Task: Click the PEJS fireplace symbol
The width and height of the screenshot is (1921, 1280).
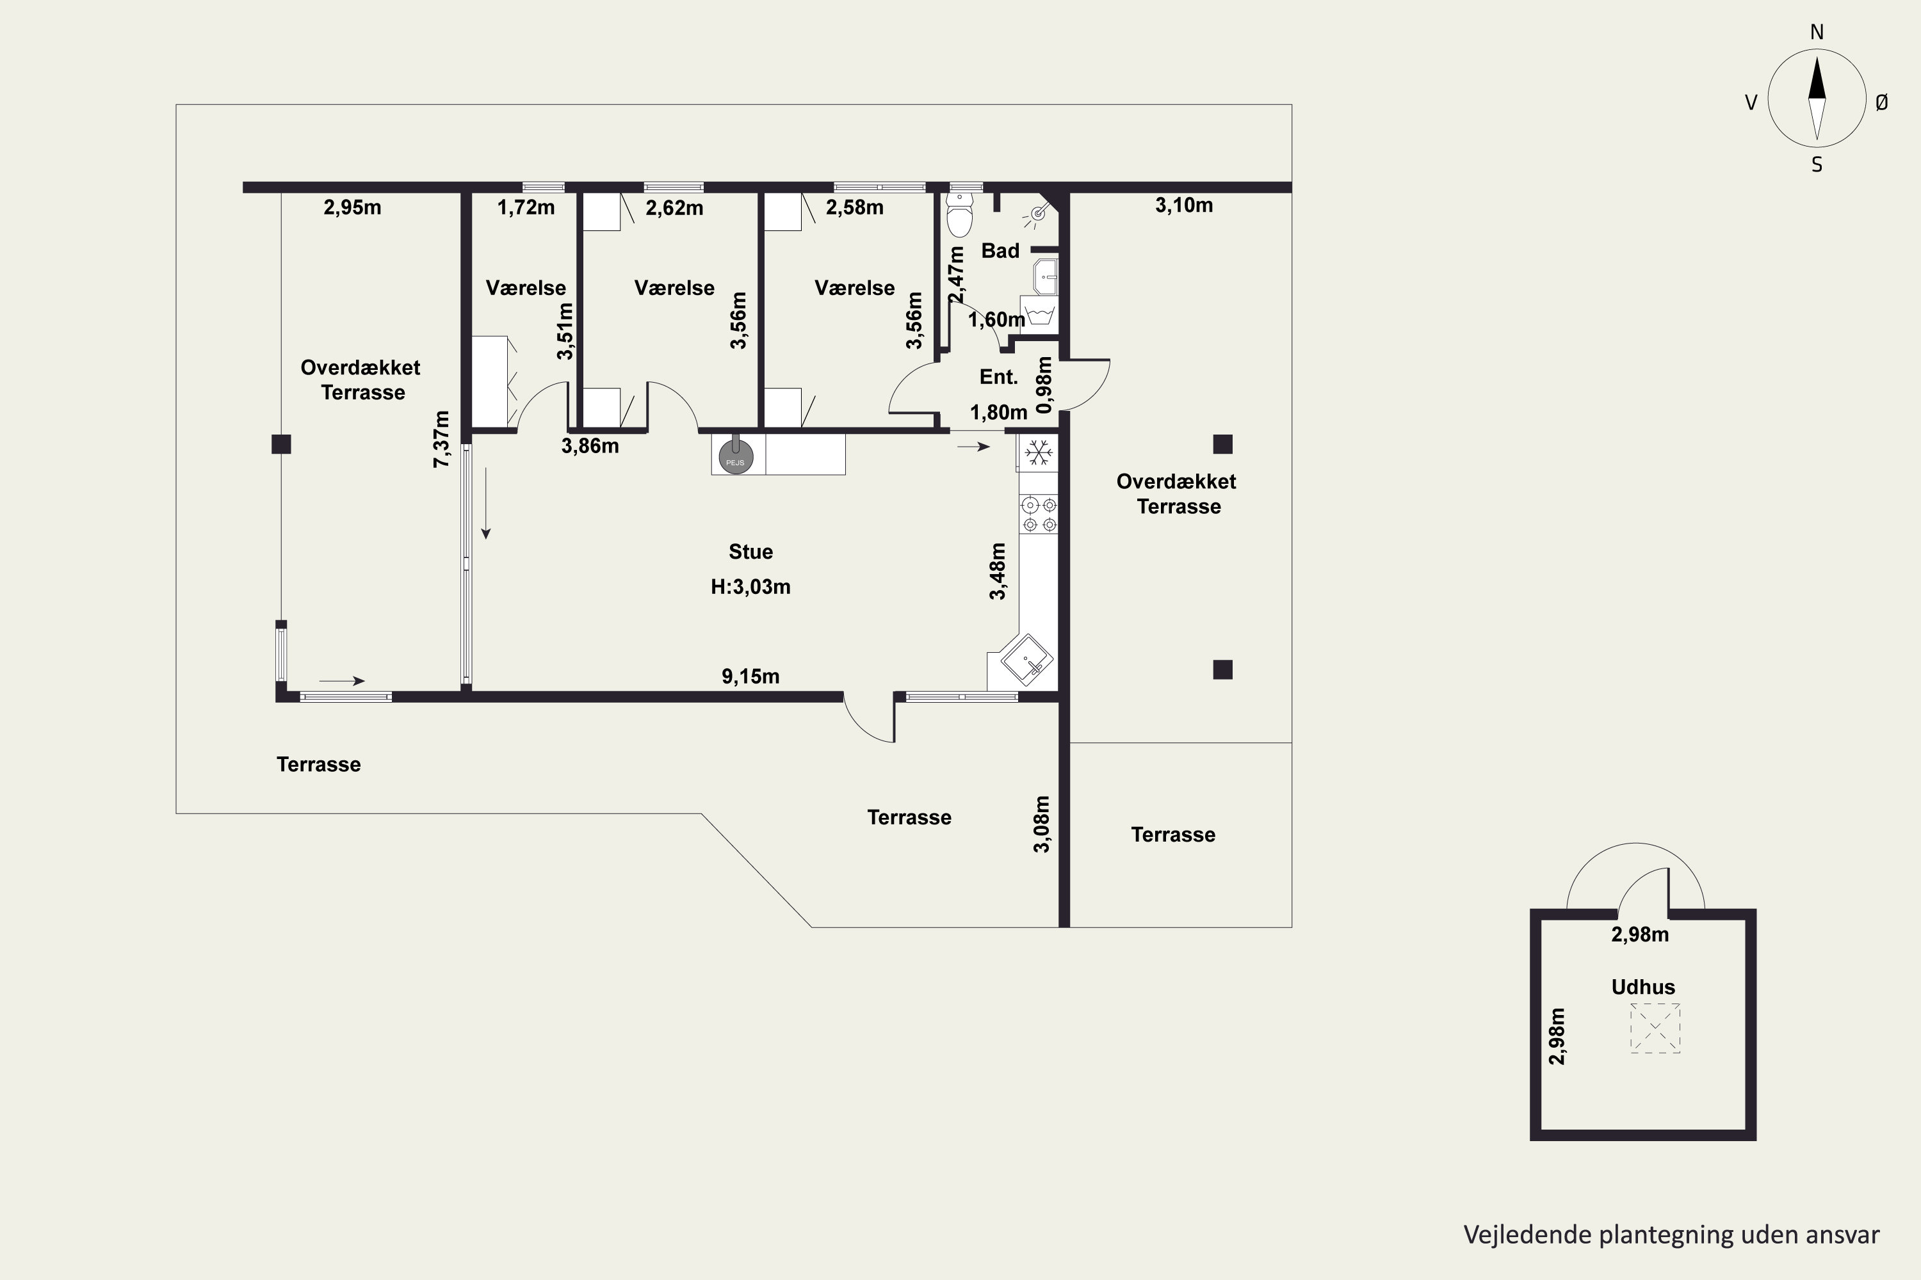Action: (x=735, y=456)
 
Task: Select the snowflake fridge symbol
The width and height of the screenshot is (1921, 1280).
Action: (x=1038, y=452)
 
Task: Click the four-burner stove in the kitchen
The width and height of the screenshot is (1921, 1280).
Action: (x=1039, y=515)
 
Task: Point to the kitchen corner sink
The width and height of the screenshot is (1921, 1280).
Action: (x=1026, y=660)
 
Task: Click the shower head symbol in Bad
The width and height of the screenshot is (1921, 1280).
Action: (x=1037, y=214)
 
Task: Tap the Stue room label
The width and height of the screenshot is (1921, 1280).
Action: (x=750, y=552)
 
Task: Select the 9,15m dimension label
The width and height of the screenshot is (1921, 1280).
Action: (x=750, y=676)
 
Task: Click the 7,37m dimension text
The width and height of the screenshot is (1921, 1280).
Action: (x=441, y=439)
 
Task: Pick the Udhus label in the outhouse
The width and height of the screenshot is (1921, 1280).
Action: (x=1643, y=987)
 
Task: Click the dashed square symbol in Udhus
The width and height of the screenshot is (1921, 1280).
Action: (x=1655, y=1028)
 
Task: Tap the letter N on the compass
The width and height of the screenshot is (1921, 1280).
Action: (x=1817, y=32)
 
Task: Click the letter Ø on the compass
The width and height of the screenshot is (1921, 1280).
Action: (x=1882, y=102)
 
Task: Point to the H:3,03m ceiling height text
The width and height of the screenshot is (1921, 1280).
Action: (x=750, y=587)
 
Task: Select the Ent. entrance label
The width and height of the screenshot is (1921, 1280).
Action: (x=999, y=377)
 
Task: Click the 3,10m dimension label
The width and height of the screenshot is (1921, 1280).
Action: (x=1183, y=205)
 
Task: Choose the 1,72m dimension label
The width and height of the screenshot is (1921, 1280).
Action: (x=526, y=207)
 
